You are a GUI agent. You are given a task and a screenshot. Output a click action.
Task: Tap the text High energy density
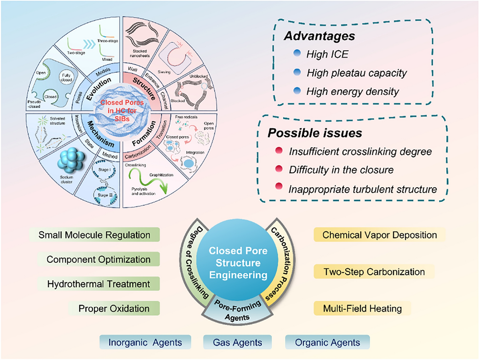pos(352,92)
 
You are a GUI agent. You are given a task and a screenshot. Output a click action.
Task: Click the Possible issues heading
pos(315,133)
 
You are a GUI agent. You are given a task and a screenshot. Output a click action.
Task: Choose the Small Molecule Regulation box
pos(94,235)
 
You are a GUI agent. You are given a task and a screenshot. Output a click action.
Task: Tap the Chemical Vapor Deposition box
pos(380,235)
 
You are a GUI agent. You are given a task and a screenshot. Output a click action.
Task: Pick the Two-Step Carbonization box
pos(374,272)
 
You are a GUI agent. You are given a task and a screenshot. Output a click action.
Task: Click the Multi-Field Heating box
pos(362,308)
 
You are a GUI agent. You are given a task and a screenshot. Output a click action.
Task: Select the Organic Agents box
pos(327,343)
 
